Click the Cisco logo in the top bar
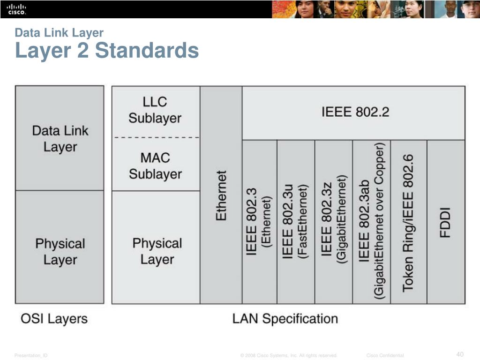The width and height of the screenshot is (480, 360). click(x=16, y=9)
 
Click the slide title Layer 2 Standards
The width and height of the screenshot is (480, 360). click(x=107, y=50)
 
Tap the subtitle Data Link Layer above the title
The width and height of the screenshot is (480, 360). click(x=59, y=33)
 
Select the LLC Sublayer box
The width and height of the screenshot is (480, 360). click(x=155, y=110)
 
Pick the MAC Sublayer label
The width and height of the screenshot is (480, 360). click(x=155, y=166)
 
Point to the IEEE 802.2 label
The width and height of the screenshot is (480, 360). click(x=355, y=112)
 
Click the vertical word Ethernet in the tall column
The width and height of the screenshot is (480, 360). click(x=221, y=195)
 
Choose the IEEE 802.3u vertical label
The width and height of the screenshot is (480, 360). click(x=288, y=220)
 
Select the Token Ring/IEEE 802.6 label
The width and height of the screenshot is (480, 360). click(x=408, y=223)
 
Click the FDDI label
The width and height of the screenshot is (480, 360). click(x=445, y=222)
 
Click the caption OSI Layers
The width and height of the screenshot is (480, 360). click(x=54, y=319)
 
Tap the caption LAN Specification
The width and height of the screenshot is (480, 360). click(x=285, y=319)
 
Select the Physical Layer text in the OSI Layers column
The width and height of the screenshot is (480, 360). click(x=60, y=252)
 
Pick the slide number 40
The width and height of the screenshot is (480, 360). click(x=459, y=354)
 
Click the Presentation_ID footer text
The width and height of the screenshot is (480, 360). click(x=31, y=356)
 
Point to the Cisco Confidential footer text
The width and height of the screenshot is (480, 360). click(x=385, y=356)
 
